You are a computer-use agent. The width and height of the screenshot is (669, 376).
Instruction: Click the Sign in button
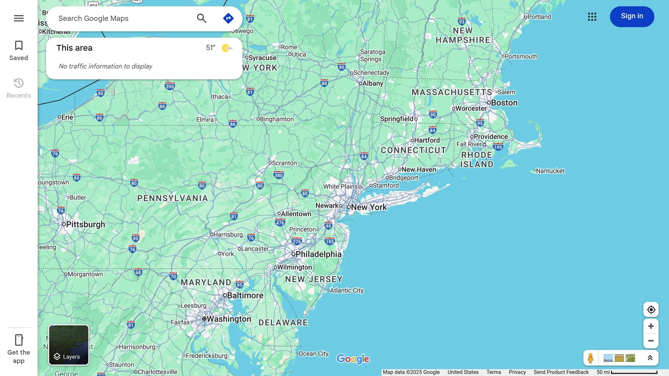tap(632, 16)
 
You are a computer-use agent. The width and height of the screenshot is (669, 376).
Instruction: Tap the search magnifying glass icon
tap(202, 18)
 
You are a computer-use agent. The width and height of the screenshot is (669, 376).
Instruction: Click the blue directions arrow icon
tap(228, 18)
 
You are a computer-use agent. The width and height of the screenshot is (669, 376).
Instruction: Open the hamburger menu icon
tap(19, 18)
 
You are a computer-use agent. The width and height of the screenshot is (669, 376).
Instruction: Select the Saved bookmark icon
tap(19, 46)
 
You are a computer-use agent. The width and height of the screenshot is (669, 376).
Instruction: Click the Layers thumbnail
tap(69, 345)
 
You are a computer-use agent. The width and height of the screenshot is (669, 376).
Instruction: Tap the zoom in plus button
tap(651, 326)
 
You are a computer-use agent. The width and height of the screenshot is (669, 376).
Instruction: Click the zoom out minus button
tap(651, 341)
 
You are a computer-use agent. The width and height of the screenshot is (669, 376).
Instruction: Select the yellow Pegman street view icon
tap(590, 358)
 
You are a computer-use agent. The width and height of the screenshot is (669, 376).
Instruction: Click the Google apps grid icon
tap(592, 17)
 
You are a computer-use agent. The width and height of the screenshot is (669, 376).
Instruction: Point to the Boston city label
tap(504, 103)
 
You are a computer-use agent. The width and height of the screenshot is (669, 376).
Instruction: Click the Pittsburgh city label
tap(85, 225)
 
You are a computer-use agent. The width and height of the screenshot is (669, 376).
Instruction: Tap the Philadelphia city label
tap(318, 254)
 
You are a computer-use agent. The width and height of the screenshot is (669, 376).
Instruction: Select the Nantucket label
tap(550, 171)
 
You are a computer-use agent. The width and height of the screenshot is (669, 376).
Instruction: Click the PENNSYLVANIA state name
tap(172, 198)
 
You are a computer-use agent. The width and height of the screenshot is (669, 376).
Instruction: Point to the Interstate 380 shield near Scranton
tap(278, 175)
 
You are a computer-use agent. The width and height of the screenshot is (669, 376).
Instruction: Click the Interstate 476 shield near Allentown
tap(280, 223)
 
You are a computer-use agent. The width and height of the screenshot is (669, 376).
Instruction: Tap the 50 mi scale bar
tap(634, 372)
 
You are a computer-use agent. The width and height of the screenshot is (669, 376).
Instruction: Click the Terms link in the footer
tap(494, 372)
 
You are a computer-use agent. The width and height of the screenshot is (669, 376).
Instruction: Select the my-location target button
tap(651, 309)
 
